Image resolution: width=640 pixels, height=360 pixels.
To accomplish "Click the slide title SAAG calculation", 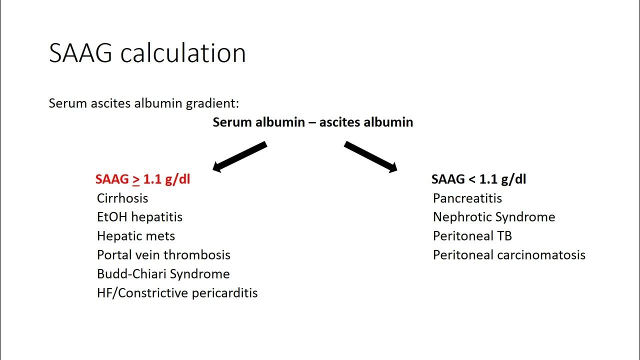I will tap(147, 53).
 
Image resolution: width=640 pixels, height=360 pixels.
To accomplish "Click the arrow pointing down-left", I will tap(239, 156).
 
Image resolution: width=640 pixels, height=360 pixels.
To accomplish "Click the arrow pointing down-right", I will tap(370, 156).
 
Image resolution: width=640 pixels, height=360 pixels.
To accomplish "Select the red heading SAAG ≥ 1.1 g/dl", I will tap(142, 179).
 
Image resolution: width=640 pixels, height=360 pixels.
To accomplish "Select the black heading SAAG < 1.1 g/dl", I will tap(478, 179).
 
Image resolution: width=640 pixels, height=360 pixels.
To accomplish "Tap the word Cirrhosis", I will tap(122, 198).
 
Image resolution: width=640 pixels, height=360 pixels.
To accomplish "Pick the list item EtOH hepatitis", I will tap(139, 217).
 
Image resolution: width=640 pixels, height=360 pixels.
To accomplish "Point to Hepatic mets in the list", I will tap(136, 236).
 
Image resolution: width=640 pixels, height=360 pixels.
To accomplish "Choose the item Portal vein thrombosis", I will tap(163, 255).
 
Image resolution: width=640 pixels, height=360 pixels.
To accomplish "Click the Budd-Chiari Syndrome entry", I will tap(163, 274).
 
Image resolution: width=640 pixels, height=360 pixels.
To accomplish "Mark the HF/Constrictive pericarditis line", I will tap(177, 293).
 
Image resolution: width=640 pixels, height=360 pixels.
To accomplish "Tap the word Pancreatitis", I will tap(467, 198).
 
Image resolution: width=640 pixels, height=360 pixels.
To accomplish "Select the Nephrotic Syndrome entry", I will tap(494, 217).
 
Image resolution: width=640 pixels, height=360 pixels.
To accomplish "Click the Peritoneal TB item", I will tap(472, 236).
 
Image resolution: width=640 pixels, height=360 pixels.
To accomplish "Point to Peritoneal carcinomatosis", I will tap(509, 255).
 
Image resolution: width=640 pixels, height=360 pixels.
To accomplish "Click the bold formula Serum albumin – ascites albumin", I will tap(313, 122).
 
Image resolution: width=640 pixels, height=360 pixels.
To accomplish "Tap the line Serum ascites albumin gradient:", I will tap(144, 103).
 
